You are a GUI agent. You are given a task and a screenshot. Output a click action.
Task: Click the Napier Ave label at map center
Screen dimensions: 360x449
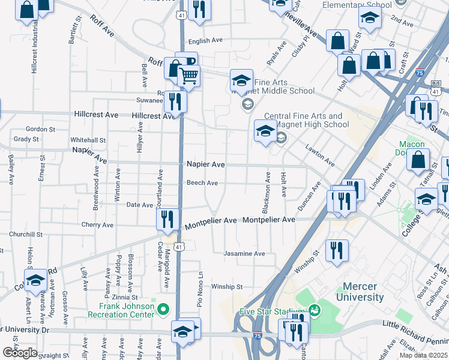205,164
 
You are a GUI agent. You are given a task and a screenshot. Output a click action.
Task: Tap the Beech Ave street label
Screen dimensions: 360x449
202,183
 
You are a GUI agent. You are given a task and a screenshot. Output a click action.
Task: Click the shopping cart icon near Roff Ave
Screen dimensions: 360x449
188,76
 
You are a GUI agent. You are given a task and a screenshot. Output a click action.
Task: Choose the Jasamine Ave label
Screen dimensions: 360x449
244,254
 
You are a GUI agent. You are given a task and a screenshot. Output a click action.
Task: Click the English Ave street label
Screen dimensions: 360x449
205,41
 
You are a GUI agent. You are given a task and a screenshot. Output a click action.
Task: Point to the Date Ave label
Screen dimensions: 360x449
139,205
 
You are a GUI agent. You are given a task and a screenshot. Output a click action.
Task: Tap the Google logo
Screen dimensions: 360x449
20,353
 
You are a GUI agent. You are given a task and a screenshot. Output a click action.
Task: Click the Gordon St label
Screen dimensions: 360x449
41,128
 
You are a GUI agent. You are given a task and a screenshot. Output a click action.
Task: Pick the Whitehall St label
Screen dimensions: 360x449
88,140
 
